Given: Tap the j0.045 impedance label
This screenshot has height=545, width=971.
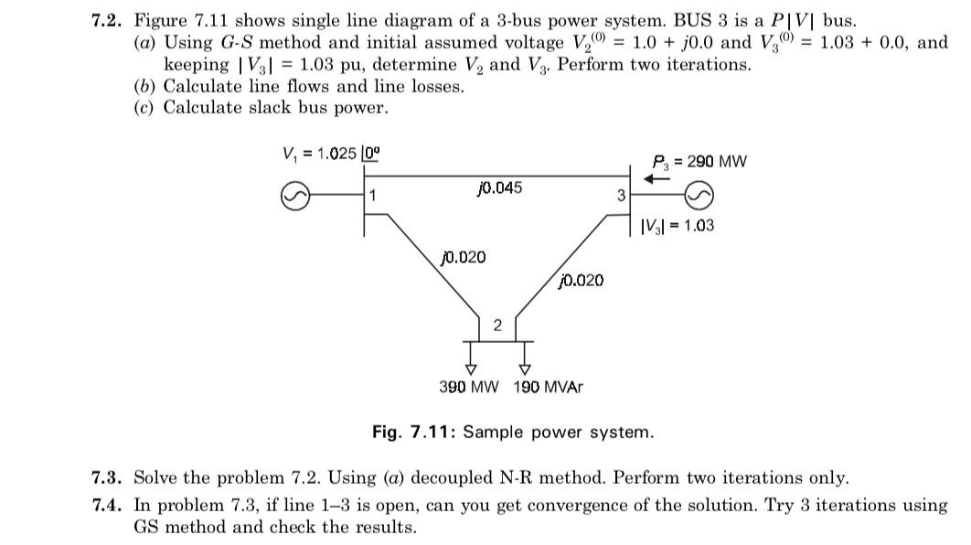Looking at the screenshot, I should point(499,187).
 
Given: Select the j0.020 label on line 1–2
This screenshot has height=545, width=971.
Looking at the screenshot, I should point(463,257).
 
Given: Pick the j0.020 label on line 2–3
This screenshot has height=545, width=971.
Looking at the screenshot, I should point(581,280).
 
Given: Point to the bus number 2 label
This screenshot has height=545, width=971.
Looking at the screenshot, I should point(497,326).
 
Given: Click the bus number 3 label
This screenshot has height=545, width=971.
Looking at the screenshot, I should point(621,195).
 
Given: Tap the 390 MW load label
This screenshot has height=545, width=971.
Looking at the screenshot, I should point(469,387).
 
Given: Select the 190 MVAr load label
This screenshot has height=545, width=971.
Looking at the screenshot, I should point(548,387).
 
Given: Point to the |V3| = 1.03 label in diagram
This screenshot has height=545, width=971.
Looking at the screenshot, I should point(678,225).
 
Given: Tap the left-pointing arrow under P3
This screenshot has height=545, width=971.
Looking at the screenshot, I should point(657,180).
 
